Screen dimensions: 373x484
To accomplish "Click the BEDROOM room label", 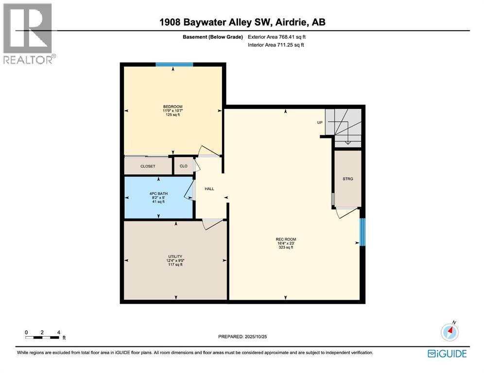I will [173, 107].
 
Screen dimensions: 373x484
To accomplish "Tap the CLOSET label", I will [148, 166].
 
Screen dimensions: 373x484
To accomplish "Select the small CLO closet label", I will [184, 166].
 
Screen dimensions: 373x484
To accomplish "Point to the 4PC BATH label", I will [157, 194].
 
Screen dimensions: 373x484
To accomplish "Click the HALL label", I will [209, 189].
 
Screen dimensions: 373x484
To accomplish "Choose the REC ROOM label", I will [286, 239].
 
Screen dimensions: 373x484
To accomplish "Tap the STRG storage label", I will [347, 179].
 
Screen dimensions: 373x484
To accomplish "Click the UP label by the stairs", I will [320, 122].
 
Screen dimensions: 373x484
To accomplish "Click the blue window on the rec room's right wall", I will [362, 232].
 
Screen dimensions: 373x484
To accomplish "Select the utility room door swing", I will [212, 224].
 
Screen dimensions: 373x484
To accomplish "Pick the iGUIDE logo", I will [447, 354].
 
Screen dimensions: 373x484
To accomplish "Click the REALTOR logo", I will [29, 34].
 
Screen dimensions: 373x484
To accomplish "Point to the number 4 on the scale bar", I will [58, 332].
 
